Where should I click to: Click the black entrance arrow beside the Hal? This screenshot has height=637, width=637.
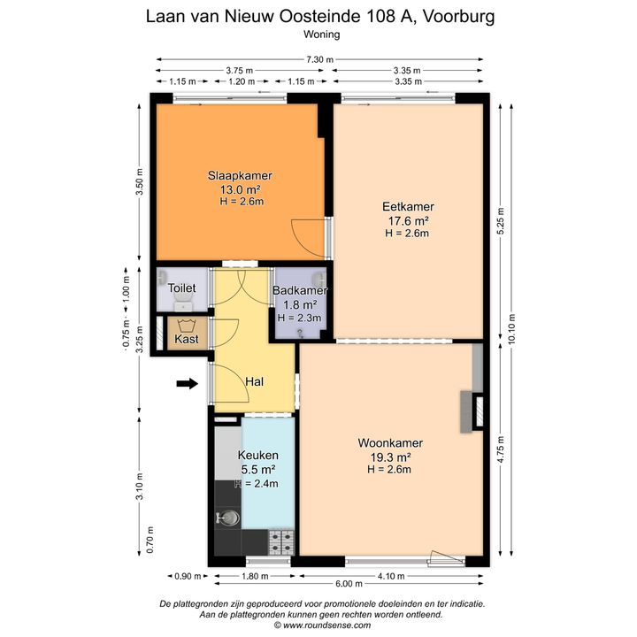point(188,383)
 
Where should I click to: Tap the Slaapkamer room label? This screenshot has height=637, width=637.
point(240,175)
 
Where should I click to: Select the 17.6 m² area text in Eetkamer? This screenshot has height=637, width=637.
point(408,221)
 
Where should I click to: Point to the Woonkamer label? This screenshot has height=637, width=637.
point(390,443)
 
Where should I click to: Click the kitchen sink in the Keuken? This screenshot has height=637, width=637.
point(228,518)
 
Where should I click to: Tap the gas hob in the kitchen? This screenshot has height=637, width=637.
point(281,542)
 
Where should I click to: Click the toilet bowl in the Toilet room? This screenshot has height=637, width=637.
point(184,302)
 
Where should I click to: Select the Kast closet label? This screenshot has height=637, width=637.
point(187,339)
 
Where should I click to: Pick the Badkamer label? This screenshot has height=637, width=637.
point(300,290)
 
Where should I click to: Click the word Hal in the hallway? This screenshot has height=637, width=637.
point(254,381)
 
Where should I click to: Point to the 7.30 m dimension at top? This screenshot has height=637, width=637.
point(319,60)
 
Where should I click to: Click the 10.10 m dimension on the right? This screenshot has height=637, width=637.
point(511,329)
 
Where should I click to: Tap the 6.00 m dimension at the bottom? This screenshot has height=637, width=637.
point(349,584)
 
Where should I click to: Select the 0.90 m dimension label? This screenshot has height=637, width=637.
point(188,576)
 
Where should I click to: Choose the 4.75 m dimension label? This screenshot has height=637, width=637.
point(501,449)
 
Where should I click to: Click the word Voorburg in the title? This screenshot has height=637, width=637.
point(458,17)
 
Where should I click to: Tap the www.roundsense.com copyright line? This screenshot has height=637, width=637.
point(322,625)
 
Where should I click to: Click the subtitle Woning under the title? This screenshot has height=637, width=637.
point(322,35)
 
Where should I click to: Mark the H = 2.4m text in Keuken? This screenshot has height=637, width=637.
point(257,483)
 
